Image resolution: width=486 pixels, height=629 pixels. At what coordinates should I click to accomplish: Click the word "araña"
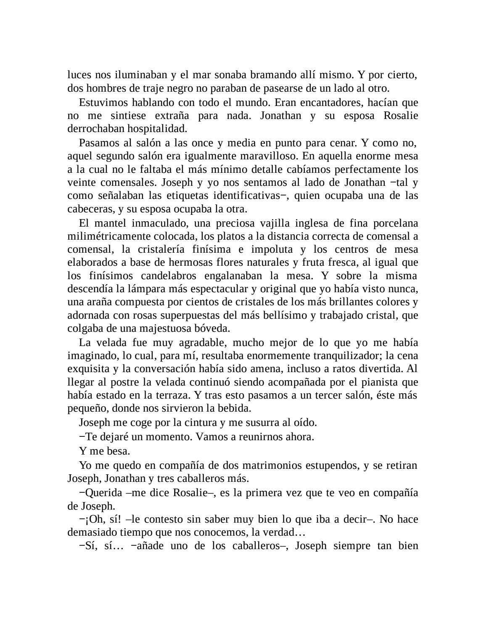point(99,302)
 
